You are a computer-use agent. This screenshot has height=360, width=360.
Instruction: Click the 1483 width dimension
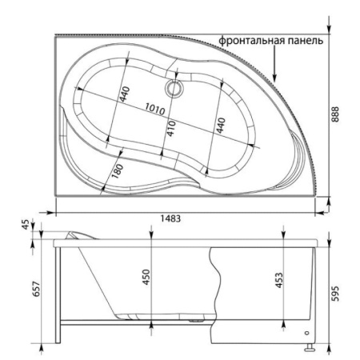[x=170, y=218]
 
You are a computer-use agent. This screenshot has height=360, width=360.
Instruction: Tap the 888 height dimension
[x=335, y=114]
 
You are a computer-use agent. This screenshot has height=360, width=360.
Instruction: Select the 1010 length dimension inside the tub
[x=155, y=109]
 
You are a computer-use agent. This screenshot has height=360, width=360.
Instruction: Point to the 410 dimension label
[x=171, y=128]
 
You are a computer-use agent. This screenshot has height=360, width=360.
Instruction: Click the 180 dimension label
[x=118, y=171]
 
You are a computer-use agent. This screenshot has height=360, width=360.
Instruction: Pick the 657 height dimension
[x=36, y=289]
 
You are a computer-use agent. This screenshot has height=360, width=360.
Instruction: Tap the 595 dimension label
[x=335, y=294]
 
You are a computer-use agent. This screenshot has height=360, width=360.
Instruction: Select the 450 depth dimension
[x=146, y=278]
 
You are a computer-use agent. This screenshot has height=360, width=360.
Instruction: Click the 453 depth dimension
[x=279, y=280]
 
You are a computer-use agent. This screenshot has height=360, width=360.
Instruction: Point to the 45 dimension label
[x=26, y=224]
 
